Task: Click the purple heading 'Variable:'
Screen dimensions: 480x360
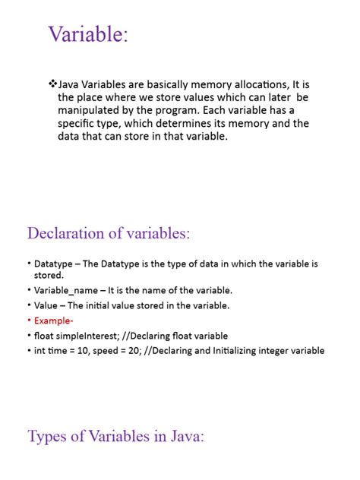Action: point(88,35)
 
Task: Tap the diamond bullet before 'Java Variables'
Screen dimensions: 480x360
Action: point(52,82)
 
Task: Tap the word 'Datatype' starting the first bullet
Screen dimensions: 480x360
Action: point(54,264)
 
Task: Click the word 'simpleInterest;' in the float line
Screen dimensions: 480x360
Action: point(89,335)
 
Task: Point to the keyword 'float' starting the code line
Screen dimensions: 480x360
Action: point(44,335)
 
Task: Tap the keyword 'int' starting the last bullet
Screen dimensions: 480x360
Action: point(40,350)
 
